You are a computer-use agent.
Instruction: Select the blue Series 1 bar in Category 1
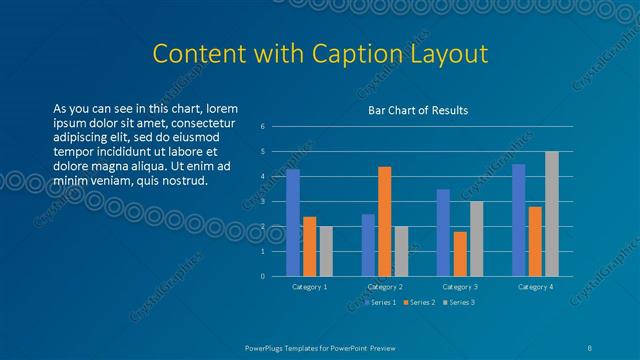point(293,222)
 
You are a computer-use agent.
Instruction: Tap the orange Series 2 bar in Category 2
point(384,221)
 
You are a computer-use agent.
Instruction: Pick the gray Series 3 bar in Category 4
point(552,214)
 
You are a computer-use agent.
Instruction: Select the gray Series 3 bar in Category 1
point(326,251)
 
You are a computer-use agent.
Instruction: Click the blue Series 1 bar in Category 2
point(368,245)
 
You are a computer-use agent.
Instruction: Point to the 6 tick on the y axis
point(262,126)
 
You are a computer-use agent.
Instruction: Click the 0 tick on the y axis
point(262,276)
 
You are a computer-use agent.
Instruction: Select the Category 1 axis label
point(310,287)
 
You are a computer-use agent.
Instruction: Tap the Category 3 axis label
point(460,287)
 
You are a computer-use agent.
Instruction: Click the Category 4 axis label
point(535,287)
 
